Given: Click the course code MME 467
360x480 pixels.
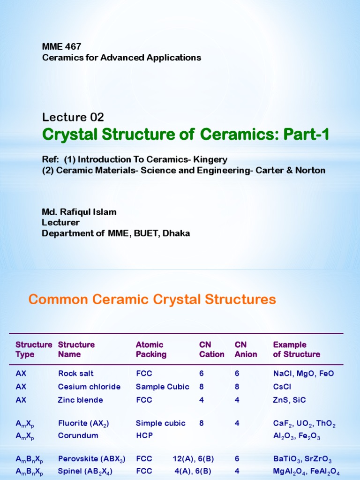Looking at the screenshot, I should (61, 46).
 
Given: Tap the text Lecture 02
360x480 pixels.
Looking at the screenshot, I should (73, 117).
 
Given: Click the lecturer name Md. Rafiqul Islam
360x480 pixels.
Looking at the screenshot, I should (79, 212).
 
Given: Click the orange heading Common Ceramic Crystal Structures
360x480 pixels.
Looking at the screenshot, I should (152, 299).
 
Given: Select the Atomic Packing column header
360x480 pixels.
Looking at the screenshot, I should (151, 350).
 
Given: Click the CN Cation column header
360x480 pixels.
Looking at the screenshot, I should (211, 350).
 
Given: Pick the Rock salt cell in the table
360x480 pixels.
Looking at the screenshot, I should (75, 374).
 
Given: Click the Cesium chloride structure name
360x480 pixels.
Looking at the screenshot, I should (89, 387).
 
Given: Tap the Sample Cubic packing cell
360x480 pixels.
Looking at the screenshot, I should (162, 387).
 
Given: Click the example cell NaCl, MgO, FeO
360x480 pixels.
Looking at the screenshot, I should (303, 374).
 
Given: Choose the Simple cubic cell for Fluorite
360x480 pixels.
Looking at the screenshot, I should (160, 423).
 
